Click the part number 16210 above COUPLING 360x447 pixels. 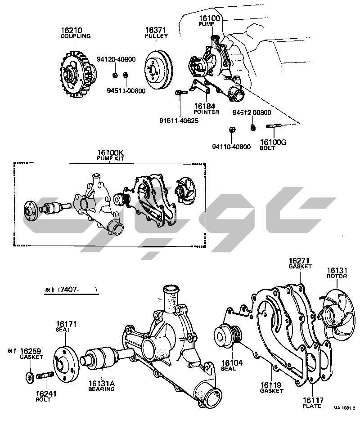click(71, 30)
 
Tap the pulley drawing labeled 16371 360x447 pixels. click(158, 70)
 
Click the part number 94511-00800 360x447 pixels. click(126, 91)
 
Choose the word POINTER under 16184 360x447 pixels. click(207, 112)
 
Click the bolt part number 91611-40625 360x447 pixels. click(179, 121)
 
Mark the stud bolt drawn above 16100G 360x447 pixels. click(274, 126)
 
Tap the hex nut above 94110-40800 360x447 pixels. click(232, 130)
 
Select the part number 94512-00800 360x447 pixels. click(252, 112)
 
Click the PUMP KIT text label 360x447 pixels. click(110, 158)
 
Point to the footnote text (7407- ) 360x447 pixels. click(78, 290)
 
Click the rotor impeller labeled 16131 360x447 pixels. click(337, 315)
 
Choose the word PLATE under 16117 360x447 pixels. click(312, 406)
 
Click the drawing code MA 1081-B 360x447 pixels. click(344, 408)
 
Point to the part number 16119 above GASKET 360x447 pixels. click(271, 385)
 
